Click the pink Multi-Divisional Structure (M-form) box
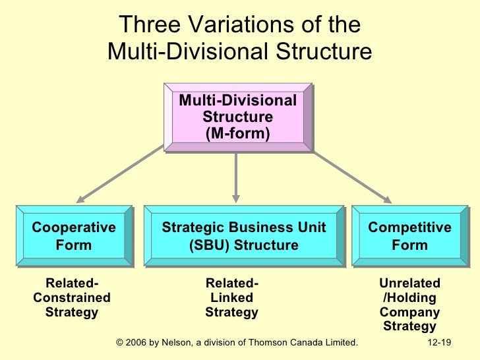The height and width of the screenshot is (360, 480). coord(237,117)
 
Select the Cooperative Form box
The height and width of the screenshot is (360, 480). coord(74,236)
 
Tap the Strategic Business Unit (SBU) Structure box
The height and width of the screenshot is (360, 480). coord(244,236)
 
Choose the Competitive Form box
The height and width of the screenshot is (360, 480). coord(409,236)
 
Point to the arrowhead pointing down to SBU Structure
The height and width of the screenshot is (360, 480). coord(235,196)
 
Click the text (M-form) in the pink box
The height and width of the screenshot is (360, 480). coord(237,133)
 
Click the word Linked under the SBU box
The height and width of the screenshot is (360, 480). coord(231,298)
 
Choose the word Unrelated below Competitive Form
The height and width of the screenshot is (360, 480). coord(409,284)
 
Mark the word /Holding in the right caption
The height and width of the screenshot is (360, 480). coord(409,298)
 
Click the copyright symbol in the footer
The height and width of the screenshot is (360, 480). coord(119,343)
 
